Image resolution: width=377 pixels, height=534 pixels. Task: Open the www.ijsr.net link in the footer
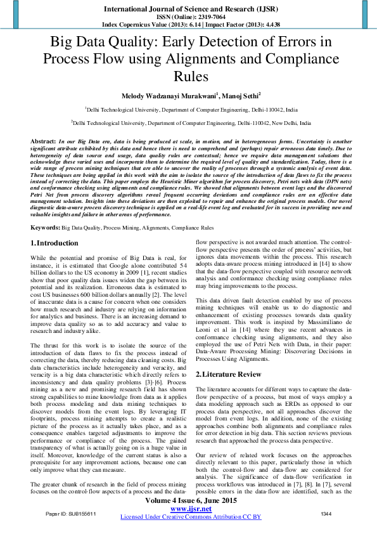pyautogui.click(x=191, y=509)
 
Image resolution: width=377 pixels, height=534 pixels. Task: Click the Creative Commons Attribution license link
pyautogui.click(x=191, y=517)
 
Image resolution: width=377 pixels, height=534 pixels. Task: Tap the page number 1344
pyautogui.click(x=326, y=514)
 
